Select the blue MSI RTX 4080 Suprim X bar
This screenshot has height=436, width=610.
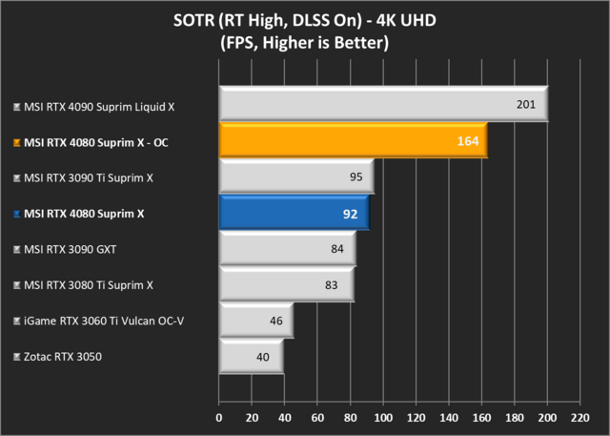coord(294,213)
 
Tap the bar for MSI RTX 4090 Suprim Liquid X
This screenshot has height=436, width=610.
coord(381,104)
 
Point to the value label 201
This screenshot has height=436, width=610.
coord(526,104)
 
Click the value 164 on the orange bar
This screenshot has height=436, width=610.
coord(467,140)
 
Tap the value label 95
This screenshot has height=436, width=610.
coord(356,176)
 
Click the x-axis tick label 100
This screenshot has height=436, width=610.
coord(383,417)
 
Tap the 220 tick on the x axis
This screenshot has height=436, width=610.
coord(579,417)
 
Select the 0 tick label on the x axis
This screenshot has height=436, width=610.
coord(219,417)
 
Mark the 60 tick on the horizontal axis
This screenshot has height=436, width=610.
coord(317,417)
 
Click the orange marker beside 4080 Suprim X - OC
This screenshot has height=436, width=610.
coord(16,141)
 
